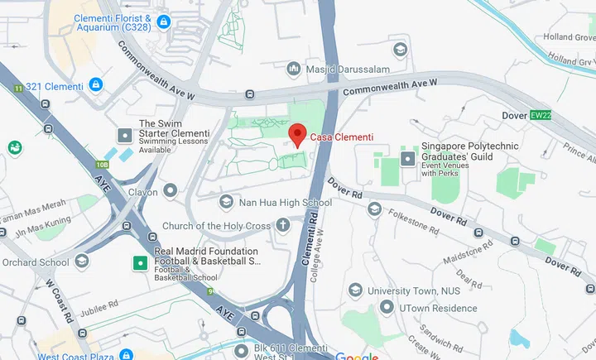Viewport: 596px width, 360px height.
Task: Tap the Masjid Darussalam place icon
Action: [292, 68]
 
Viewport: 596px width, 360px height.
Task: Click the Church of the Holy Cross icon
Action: [283, 225]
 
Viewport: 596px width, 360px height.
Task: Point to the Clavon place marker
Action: [171, 191]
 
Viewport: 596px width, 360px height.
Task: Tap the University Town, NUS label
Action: [411, 290]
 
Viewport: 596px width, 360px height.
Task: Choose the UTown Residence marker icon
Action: [386, 307]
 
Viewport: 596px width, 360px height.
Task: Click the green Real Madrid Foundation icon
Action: [141, 263]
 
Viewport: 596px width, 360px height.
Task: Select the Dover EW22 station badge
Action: [541, 116]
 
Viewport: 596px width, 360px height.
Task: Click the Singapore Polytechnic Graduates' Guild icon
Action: [408, 157]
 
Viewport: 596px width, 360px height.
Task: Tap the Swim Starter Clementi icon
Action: [125, 134]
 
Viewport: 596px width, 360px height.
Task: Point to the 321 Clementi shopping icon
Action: [96, 85]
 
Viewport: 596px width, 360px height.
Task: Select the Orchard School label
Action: [36, 262]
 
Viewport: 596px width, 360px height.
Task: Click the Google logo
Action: [357, 356]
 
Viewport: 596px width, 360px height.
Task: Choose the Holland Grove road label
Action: [570, 36]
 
